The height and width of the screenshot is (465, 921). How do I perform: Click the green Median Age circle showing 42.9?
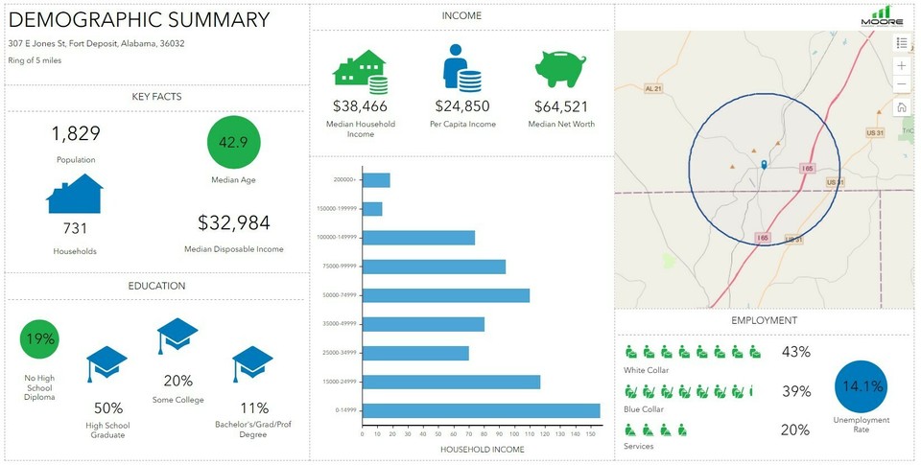234,142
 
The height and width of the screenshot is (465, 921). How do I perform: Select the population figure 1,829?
76,133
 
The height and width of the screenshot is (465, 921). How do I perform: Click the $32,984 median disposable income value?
234,223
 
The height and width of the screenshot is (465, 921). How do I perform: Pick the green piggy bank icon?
561,69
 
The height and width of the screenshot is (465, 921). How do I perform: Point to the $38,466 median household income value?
360,106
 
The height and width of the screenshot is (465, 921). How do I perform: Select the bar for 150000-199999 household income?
372,209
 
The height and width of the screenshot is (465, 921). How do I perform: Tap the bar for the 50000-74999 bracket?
446,295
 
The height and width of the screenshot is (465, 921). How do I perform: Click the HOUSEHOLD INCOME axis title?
482,449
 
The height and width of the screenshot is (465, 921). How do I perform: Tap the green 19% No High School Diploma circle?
39,338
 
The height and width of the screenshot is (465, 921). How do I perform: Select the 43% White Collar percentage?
795,352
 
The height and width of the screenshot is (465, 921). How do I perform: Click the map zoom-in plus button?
902,65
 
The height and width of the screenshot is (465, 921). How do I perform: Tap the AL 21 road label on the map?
653,88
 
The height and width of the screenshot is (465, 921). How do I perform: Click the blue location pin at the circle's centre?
764,165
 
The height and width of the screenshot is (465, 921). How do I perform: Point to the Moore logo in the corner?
882,16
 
